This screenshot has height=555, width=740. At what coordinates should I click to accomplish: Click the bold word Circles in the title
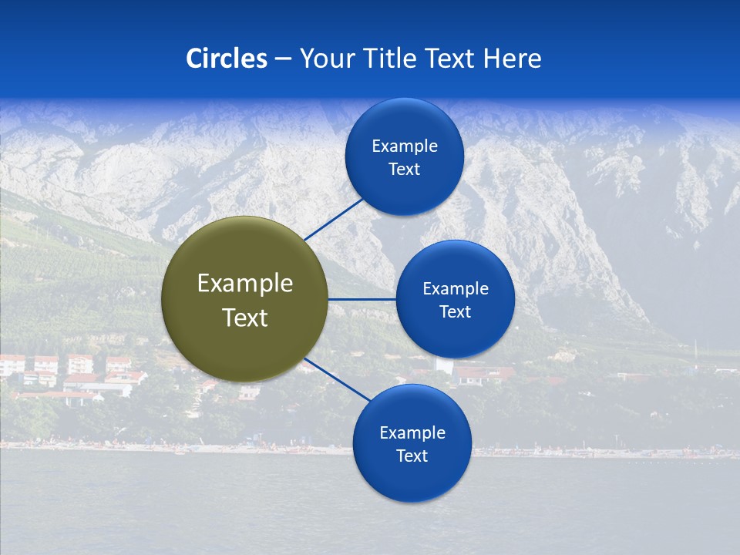227,59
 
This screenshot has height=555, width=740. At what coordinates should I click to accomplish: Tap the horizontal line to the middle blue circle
362,299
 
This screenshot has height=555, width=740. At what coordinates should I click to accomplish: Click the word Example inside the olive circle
245,284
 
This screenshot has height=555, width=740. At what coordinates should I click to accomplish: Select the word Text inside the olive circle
245,318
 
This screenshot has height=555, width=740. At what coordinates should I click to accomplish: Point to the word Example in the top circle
405,146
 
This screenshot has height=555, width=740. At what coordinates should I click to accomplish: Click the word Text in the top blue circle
405,170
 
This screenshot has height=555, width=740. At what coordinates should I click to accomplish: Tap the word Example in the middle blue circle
456,289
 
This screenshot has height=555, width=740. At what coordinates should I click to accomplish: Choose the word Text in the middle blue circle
456,312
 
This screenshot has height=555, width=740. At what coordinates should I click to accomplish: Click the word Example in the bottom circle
412,433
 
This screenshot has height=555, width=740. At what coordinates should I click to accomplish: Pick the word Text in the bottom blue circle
412,456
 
